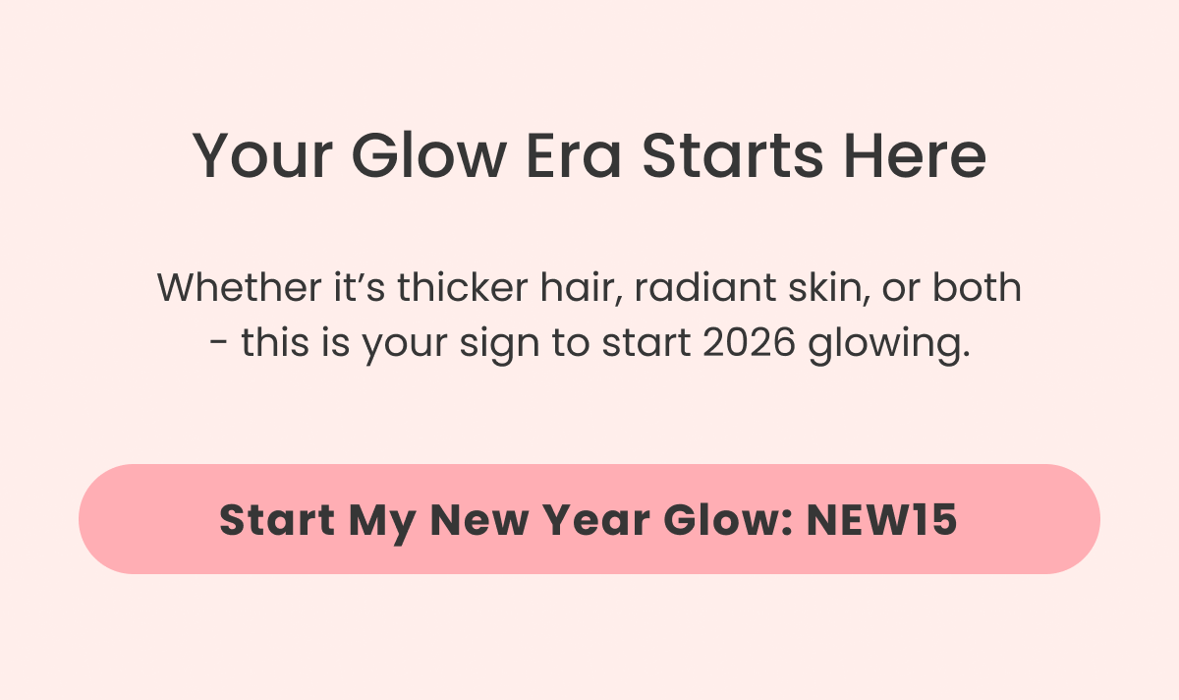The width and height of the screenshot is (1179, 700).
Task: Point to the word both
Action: [977, 288]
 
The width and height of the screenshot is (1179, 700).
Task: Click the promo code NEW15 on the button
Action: [881, 519]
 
